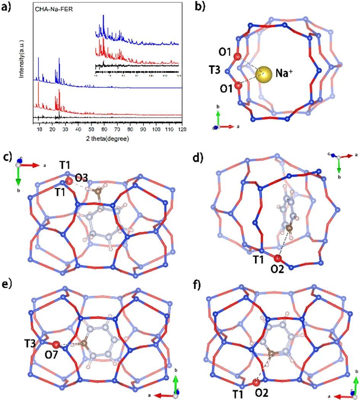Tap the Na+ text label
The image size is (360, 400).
[282, 75]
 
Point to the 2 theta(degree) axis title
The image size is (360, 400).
[107, 139]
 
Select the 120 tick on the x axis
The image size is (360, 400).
[182, 130]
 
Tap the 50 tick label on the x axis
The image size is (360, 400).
[91, 130]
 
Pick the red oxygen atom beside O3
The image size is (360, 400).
[69, 181]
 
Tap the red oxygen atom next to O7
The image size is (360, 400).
[56, 345]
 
